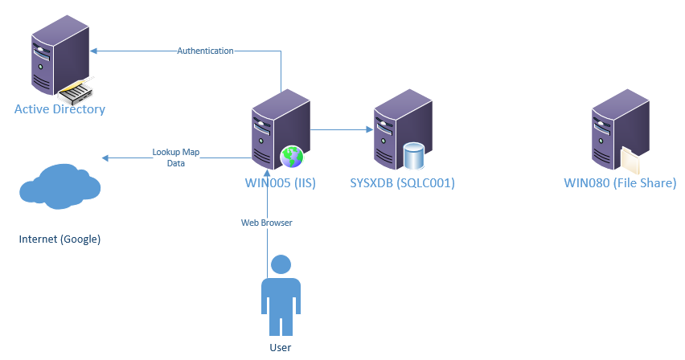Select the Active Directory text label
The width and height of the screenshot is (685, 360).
59,108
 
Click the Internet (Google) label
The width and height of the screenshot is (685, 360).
59,239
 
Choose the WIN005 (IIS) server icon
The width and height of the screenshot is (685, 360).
277,129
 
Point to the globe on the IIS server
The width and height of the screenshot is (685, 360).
290,156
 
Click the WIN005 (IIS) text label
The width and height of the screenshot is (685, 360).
280,182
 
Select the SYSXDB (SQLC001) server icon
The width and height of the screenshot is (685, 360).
400,129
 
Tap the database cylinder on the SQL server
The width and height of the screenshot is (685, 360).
414,156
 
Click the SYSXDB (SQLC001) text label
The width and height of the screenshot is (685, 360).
403,182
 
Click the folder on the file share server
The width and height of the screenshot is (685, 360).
632,158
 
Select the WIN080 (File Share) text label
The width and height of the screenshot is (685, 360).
620,182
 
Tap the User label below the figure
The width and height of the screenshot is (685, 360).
281,347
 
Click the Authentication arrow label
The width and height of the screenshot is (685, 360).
205,51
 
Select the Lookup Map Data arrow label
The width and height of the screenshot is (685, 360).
175,157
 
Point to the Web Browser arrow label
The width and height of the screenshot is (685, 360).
266,223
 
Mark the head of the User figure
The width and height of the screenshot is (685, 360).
281,264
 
